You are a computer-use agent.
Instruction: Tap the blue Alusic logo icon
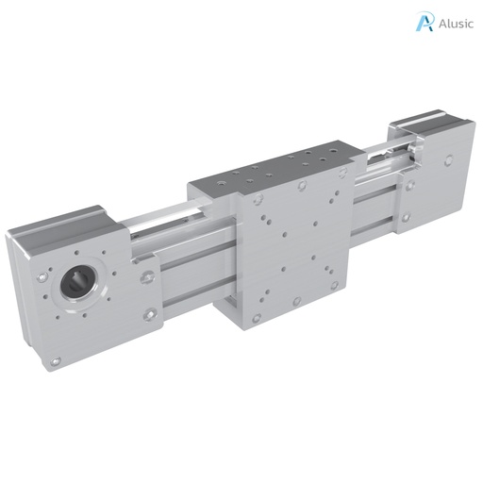(425, 22)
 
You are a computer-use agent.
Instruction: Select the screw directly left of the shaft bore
(43, 279)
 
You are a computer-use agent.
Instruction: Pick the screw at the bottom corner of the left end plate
(57, 359)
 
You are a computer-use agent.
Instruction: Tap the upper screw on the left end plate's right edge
(147, 277)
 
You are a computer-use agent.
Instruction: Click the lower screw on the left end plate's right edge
(148, 315)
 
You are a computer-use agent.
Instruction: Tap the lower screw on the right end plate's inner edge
(407, 217)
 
